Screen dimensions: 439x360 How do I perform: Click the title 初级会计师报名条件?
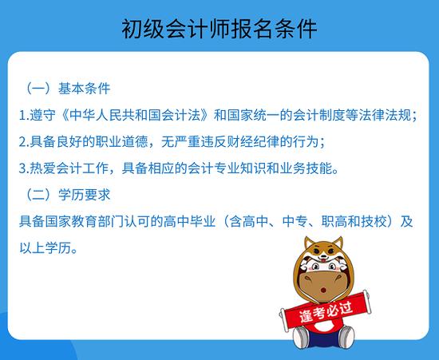[219, 29]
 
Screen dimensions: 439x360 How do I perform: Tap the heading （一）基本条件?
[68, 89]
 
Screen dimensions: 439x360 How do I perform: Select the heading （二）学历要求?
[68, 195]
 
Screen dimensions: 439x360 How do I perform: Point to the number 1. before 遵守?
[24, 115]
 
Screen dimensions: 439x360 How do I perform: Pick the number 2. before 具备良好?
[24, 142]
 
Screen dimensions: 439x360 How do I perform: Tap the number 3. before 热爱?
[24, 168]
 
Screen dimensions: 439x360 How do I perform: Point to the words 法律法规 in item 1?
[385, 115]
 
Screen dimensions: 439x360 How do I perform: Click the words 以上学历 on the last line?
[45, 248]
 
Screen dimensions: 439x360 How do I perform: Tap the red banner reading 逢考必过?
[326, 311]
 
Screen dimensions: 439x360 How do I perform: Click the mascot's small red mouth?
[323, 290]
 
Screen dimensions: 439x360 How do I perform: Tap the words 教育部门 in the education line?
[85, 221]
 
